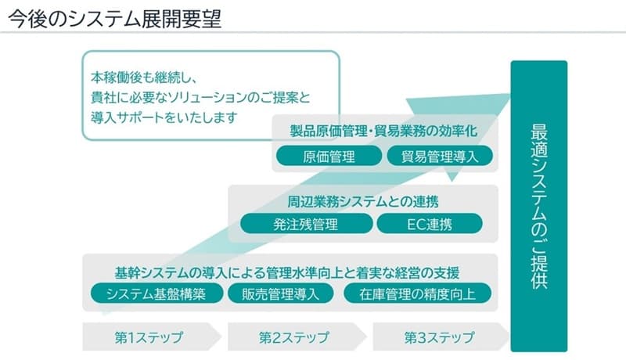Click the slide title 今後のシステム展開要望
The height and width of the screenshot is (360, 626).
tap(114, 19)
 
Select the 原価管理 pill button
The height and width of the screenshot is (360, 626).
tap(329, 156)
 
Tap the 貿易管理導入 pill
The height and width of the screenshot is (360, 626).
tap(440, 156)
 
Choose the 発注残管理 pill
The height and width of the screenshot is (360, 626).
tap(306, 224)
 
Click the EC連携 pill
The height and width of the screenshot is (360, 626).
tap(430, 224)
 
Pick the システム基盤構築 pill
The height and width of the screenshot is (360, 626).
tap(156, 293)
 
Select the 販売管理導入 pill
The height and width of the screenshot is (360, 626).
tap(281, 293)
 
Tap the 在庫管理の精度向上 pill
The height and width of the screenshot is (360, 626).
tap(418, 293)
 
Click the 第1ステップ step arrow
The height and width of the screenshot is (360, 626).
tap(152, 337)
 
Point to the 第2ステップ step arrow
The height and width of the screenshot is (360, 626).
tap(297, 337)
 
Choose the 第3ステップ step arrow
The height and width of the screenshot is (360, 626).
tap(441, 337)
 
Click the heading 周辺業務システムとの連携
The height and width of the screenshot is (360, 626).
tap(363, 202)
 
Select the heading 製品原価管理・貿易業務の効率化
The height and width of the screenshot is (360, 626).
tap(383, 131)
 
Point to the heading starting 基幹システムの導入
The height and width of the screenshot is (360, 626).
tap(287, 273)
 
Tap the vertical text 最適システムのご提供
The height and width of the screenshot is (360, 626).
tap(539, 207)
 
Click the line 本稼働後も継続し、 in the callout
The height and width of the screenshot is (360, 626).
tap(144, 77)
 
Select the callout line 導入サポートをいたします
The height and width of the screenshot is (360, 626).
tap(164, 117)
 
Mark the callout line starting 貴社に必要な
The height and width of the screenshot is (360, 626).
tap(200, 98)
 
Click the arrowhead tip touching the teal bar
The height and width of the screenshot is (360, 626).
tap(511, 94)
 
